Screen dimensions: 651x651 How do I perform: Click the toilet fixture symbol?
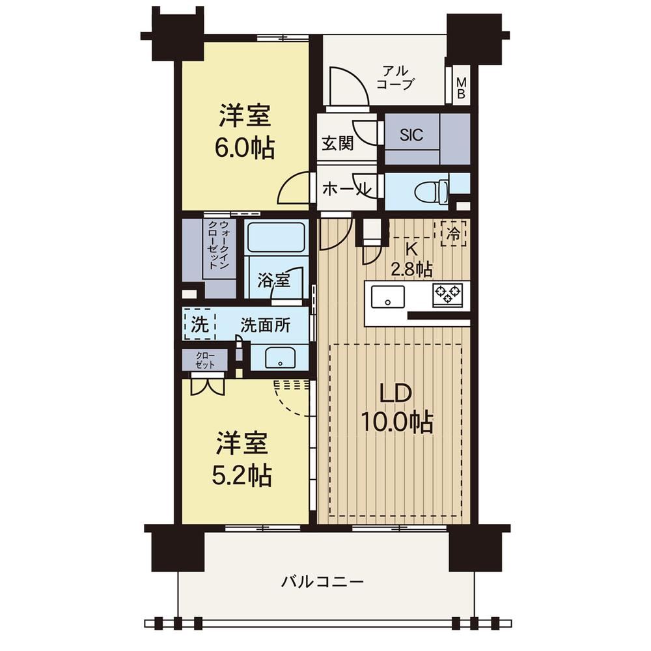point(432,192)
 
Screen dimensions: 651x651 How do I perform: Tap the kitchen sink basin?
point(388,296)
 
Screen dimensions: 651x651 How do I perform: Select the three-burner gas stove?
point(448,294)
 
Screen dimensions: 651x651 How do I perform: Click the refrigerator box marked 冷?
point(453,234)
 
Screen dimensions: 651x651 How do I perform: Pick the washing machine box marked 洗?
point(200,324)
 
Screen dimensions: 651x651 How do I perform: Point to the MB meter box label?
point(462,88)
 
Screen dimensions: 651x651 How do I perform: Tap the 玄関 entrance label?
point(337,144)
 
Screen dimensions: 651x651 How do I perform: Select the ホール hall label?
point(347,189)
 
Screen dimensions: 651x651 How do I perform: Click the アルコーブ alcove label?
point(395,77)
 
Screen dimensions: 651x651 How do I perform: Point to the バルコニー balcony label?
point(322,581)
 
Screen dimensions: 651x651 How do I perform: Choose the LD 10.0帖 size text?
point(397,408)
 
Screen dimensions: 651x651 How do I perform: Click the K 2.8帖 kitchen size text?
point(411,260)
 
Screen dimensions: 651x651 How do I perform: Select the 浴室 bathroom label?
point(273,280)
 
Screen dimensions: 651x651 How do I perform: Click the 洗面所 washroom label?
point(265,325)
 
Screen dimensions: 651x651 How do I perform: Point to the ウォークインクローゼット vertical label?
point(218,245)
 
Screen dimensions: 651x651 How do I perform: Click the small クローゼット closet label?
point(205,360)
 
